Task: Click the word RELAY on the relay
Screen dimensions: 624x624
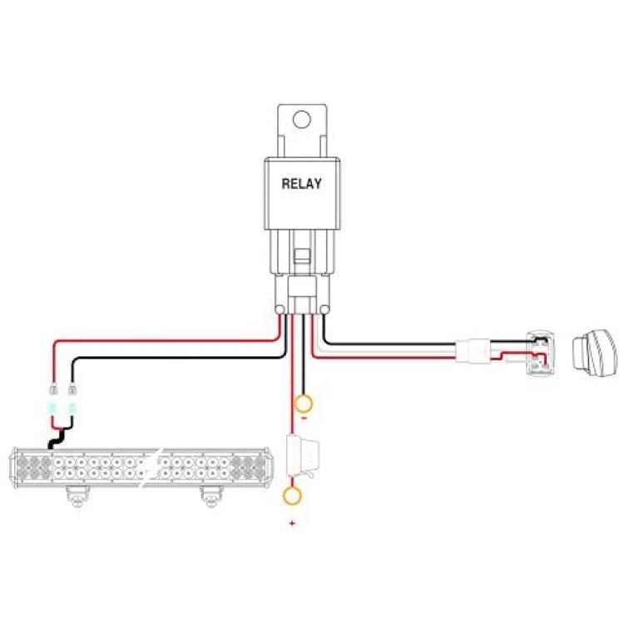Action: [x=301, y=184]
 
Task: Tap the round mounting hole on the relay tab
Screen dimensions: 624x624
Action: [x=302, y=119]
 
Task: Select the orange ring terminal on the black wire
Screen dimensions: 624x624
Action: [x=303, y=404]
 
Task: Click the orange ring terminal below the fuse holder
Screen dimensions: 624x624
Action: [x=292, y=496]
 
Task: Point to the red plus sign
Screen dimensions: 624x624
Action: [x=293, y=523]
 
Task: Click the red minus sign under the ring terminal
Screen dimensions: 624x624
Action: [x=304, y=418]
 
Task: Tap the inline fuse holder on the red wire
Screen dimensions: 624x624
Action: [x=303, y=457]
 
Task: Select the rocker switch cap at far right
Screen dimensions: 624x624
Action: [x=596, y=354]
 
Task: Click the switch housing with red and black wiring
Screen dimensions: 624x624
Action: [x=541, y=353]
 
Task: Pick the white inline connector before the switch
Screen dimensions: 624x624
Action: [x=473, y=349]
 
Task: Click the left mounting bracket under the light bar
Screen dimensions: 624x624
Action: [x=77, y=497]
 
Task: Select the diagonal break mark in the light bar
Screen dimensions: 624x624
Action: [x=151, y=468]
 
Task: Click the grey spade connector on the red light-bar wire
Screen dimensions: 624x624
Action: [x=53, y=389]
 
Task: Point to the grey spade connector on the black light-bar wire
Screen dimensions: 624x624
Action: [x=72, y=389]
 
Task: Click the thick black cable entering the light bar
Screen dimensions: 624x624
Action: [x=55, y=440]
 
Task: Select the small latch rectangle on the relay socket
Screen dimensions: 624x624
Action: [x=302, y=256]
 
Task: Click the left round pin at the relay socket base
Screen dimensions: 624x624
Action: [x=280, y=310]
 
